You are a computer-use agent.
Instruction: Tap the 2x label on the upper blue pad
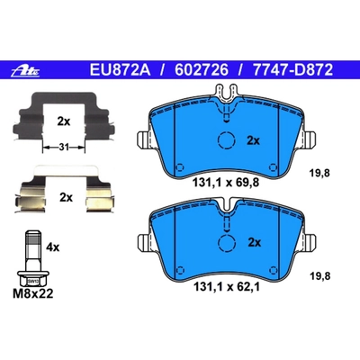[x=253, y=140]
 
